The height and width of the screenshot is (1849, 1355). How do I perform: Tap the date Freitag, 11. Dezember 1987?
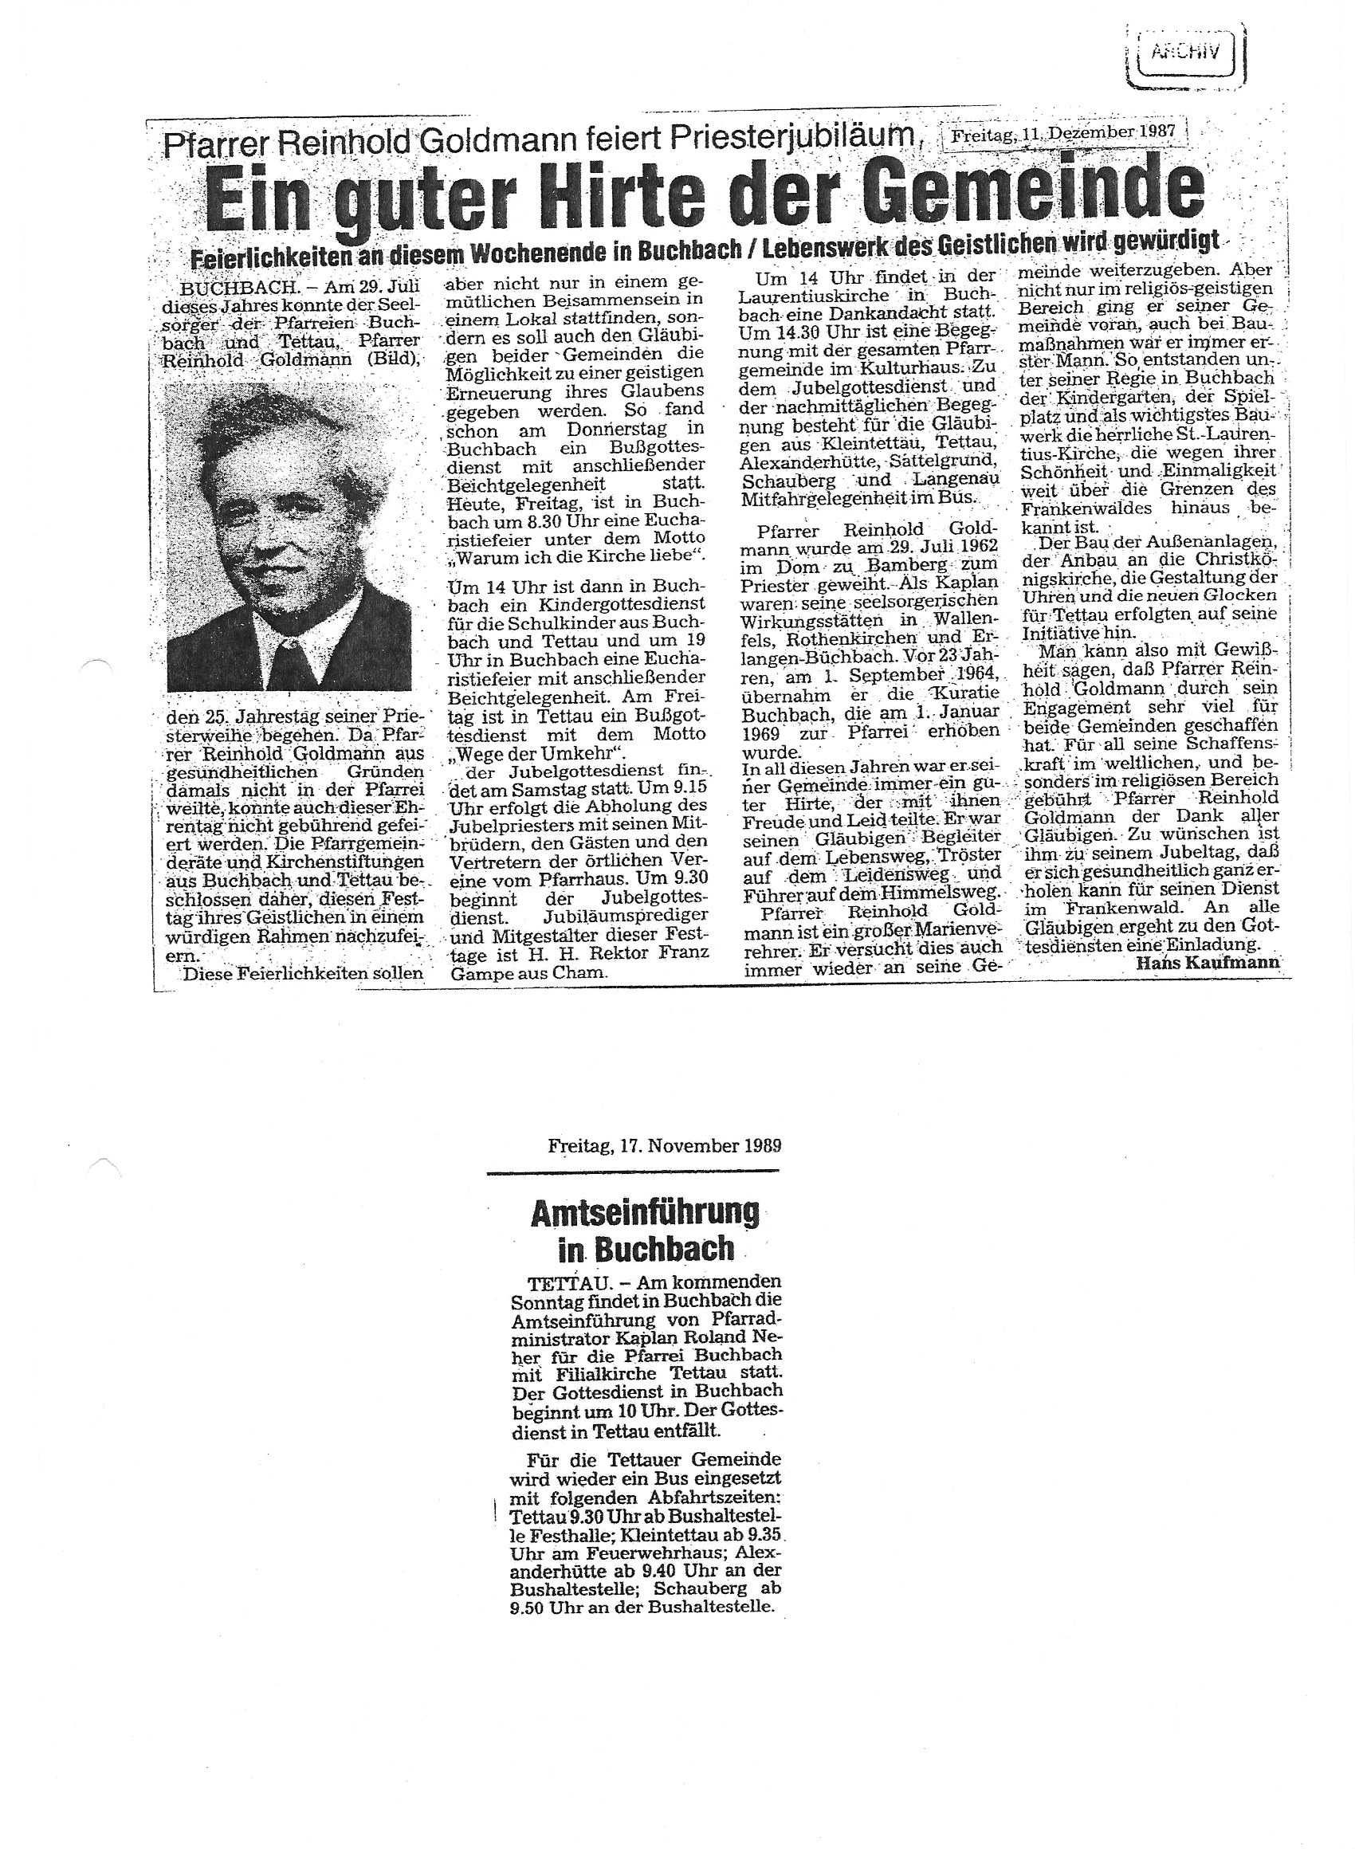1065,132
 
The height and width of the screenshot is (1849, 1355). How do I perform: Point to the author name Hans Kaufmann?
1208,963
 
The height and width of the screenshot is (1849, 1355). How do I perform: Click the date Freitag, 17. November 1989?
665,1146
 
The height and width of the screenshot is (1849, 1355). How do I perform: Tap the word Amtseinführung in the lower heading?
645,1212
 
